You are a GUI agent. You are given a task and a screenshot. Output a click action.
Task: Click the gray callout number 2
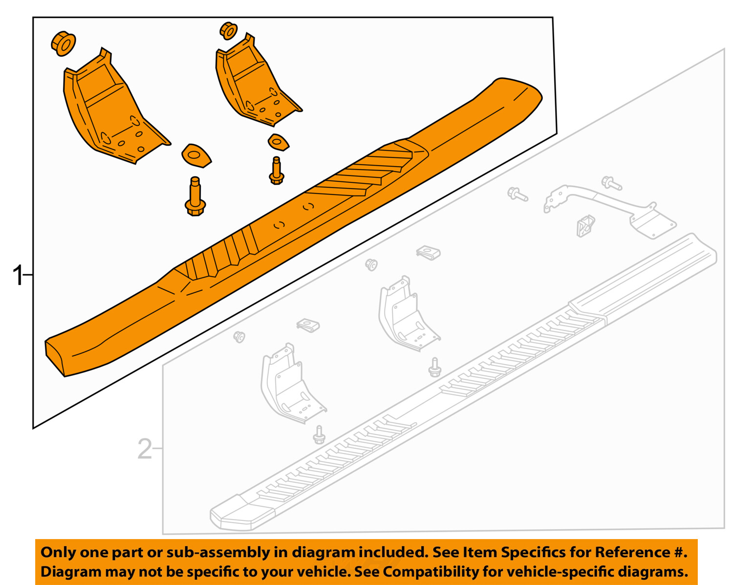pyautogui.click(x=145, y=449)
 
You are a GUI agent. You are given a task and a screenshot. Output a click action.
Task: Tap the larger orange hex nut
pyautogui.click(x=64, y=43)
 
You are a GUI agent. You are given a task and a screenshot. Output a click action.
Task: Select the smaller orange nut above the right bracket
pyautogui.click(x=228, y=31)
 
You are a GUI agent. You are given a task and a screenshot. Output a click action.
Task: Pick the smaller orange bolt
pyautogui.click(x=277, y=171)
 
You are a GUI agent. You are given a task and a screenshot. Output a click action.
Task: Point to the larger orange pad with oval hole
pyautogui.click(x=195, y=155)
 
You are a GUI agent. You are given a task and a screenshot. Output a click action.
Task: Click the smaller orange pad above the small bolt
pyautogui.click(x=278, y=142)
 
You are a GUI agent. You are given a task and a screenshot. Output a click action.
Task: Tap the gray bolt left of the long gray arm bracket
pyautogui.click(x=517, y=194)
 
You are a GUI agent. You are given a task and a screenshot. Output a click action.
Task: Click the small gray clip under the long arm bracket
pyautogui.click(x=585, y=226)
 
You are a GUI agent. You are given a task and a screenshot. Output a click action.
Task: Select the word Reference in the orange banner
pyautogui.click(x=631, y=552)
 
